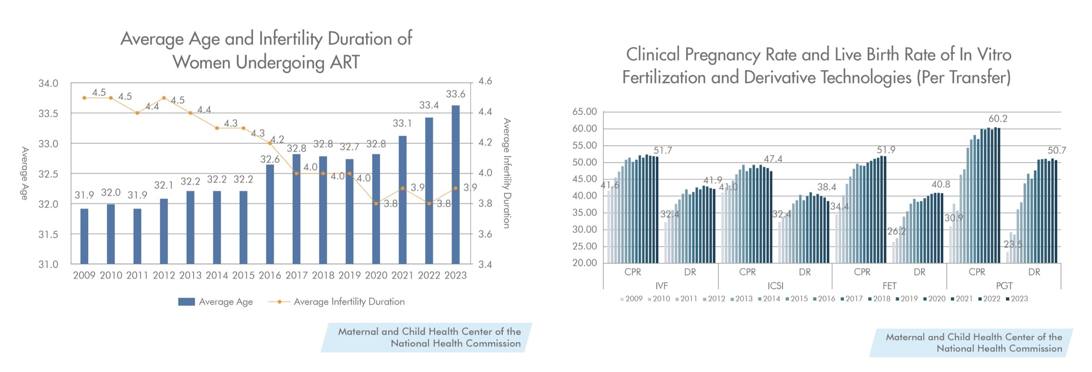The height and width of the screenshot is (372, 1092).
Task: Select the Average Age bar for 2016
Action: point(270,214)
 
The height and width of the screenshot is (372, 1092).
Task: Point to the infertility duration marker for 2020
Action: point(376,204)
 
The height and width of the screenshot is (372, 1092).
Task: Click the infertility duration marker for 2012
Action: point(164,98)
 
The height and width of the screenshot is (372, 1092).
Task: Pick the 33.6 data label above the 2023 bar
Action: point(455,94)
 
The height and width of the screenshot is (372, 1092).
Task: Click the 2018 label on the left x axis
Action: point(323,275)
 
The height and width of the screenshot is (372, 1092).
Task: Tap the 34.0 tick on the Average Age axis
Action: point(48,83)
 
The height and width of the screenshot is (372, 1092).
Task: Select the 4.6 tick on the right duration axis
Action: point(485,81)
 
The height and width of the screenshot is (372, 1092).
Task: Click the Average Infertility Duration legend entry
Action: point(349,302)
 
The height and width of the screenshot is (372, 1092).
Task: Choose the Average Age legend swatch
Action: point(186,302)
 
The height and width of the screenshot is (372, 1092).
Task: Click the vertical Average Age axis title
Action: point(25,173)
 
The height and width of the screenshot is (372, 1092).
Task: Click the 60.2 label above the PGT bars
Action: point(998,119)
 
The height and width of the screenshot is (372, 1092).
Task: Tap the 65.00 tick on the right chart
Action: point(584,112)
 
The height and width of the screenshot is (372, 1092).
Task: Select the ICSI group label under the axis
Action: point(775,286)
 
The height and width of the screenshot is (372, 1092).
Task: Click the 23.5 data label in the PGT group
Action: point(1013,244)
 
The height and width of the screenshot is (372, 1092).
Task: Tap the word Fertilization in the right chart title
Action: point(664,78)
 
